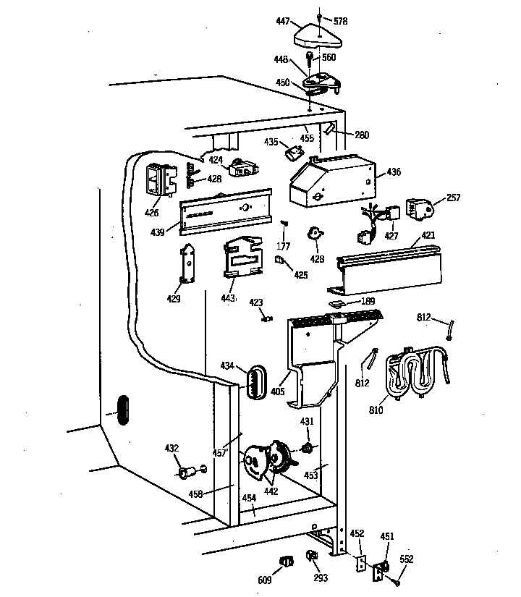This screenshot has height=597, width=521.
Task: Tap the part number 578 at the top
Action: pos(340,22)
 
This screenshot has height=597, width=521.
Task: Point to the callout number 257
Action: pos(453,197)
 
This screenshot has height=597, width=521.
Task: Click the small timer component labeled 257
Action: pos(419,209)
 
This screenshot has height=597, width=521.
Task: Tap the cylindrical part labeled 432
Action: pos(186,474)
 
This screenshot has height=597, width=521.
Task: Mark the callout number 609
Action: pos(266,578)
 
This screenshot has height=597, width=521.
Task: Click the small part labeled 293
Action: pos(313,556)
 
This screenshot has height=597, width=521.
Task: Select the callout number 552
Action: pos(407,559)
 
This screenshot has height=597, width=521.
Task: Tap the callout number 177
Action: pos(285,237)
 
